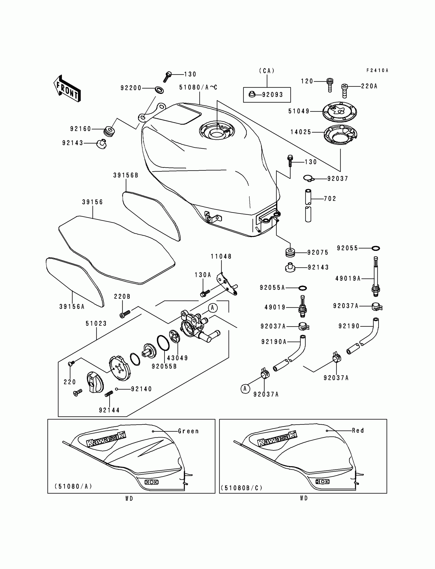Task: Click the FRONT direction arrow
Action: (67, 89)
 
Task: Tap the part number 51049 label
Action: (299, 111)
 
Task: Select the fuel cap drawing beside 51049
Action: (340, 112)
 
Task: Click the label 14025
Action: (301, 132)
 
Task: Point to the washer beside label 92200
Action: (159, 90)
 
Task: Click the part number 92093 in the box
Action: (273, 95)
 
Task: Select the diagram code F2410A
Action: (377, 70)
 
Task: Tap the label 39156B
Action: (126, 175)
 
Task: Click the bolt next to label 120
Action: (329, 85)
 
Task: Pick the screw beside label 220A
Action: (344, 90)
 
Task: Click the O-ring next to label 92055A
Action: (303, 288)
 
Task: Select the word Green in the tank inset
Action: (188, 431)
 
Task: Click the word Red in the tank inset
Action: (358, 431)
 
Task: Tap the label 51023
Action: (96, 324)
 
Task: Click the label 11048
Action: (221, 256)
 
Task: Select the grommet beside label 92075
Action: (290, 253)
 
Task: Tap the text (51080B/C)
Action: (241, 488)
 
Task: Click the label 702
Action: (330, 199)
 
